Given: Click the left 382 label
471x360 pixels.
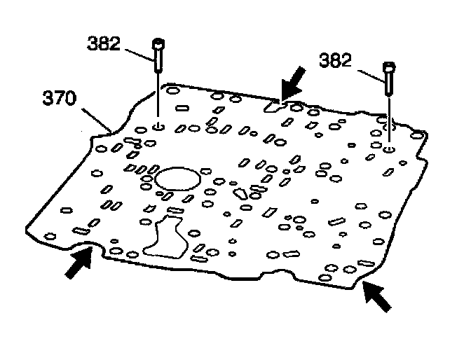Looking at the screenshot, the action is pos(104,43).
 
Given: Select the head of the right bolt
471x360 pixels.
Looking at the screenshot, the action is pos(390,67).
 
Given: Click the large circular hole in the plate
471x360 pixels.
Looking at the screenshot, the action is pos(177,178).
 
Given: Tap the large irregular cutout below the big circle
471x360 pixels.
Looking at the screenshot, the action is pos(165,236).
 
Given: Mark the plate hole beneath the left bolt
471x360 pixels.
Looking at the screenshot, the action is pos(158,126).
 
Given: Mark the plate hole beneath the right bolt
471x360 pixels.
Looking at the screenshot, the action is pos(390,148).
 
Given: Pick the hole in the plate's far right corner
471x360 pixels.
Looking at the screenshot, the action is pos(418,134).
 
